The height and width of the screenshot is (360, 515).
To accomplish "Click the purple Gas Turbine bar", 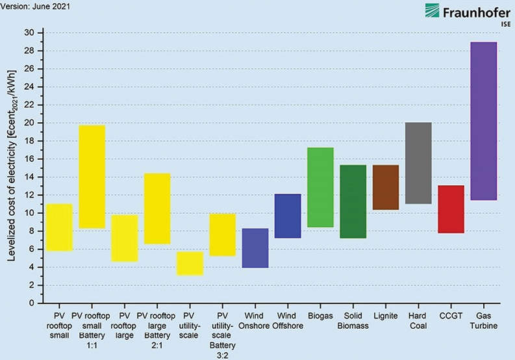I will click(x=483, y=121).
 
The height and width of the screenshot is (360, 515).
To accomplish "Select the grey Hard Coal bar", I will click(x=418, y=162).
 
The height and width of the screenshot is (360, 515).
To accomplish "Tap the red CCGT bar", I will click(x=451, y=209).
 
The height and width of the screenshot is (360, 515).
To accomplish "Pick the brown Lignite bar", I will click(x=386, y=187).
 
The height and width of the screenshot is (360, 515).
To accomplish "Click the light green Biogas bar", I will click(x=320, y=187).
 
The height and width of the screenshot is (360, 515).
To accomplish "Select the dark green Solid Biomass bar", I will click(x=353, y=201).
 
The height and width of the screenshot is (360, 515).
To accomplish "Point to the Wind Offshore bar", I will click(x=288, y=216).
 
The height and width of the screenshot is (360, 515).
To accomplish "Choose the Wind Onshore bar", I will click(x=255, y=248).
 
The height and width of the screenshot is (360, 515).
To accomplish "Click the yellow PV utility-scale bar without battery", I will click(x=190, y=263).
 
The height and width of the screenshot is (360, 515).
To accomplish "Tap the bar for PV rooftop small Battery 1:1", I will click(x=92, y=176).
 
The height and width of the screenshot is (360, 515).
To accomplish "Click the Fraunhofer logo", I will click(x=458, y=13).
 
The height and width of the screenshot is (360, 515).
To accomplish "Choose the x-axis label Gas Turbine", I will click(x=483, y=320).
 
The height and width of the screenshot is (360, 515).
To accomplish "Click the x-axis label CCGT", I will click(x=451, y=316).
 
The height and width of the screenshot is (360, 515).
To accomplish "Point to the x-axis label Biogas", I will click(x=320, y=316).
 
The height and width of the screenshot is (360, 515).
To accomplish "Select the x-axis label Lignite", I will click(x=386, y=316).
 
